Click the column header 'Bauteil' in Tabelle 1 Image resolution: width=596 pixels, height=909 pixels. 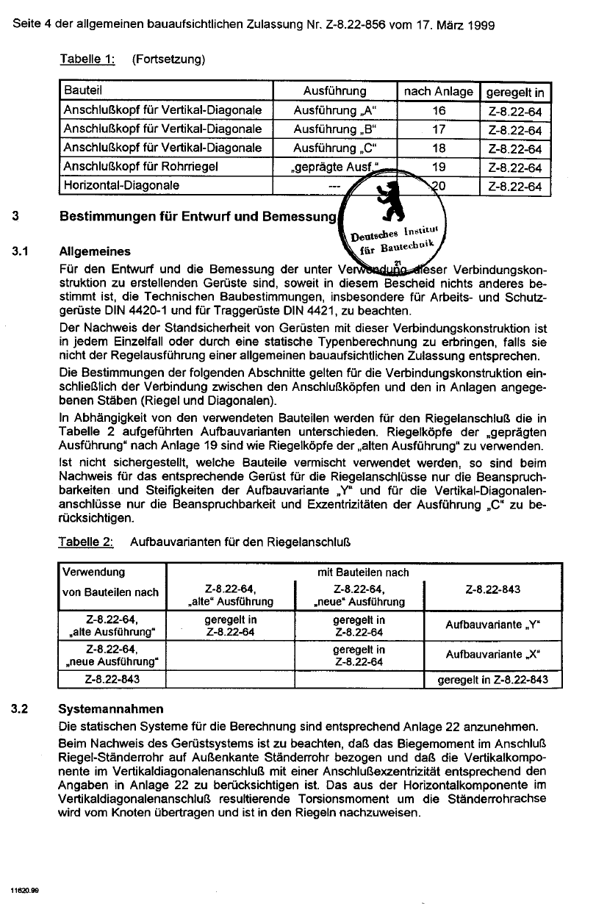(82, 92)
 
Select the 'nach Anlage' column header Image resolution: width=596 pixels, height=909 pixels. (439, 92)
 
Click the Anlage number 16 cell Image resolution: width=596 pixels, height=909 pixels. (439, 111)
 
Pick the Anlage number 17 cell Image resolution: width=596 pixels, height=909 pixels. (439, 130)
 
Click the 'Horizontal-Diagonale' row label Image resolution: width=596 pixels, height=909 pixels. (121, 186)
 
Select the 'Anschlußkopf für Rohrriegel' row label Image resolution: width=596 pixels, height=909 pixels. (140, 168)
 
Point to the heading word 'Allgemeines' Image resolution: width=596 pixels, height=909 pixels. (94, 251)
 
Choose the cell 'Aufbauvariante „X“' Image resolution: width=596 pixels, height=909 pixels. (492, 655)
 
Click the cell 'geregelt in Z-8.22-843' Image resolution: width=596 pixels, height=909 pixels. (492, 680)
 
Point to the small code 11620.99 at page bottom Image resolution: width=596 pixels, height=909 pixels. (24, 889)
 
